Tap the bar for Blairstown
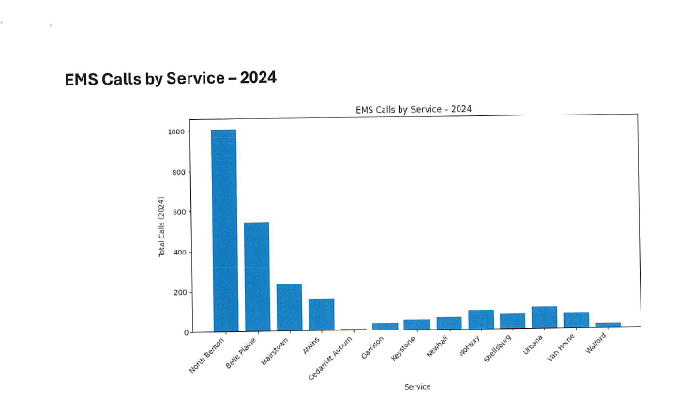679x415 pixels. pos(289,307)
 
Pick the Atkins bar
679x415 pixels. pos(321,315)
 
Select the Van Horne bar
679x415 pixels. pos(576,321)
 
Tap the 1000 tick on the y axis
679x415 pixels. pos(175,131)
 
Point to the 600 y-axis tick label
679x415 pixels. pos(178,212)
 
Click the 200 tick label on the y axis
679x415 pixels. pos(178,293)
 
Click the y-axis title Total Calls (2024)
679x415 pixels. pos(161,227)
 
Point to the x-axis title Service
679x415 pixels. pos(417,386)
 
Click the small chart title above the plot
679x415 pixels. pos(413,109)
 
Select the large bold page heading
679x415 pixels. pos(170,78)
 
